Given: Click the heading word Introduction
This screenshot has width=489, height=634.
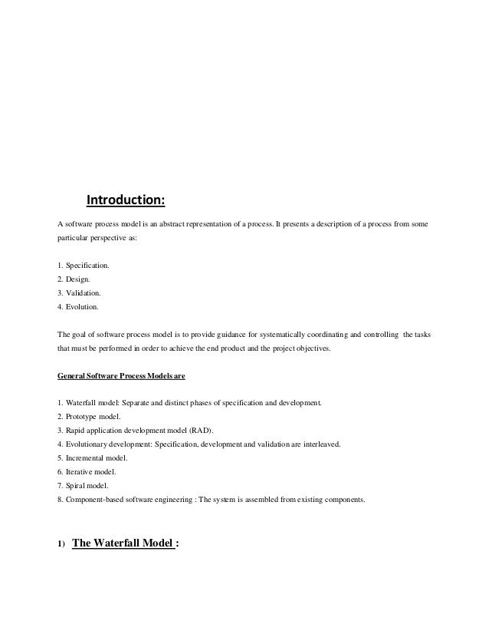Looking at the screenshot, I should (125, 201).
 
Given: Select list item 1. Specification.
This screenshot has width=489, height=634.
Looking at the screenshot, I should (84, 265).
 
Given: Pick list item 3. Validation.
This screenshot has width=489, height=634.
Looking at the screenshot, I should (79, 292).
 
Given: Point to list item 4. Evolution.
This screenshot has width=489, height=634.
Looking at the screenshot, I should (78, 306).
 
